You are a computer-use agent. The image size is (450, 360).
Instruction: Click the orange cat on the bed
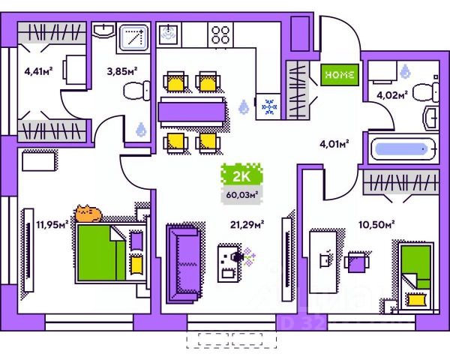[88, 214]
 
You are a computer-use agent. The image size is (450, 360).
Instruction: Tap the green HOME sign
[341, 74]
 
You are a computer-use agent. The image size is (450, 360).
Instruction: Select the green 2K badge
[240, 177]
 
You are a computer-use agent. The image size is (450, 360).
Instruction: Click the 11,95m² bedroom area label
[52, 223]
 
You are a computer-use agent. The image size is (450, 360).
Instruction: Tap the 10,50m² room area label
[379, 223]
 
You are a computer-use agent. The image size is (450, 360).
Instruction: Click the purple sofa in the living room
[182, 258]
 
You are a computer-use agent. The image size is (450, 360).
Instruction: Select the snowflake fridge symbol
[268, 107]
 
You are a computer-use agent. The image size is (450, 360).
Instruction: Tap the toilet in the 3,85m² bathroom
[136, 92]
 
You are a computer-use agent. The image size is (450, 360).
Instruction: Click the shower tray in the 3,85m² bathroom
[134, 37]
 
